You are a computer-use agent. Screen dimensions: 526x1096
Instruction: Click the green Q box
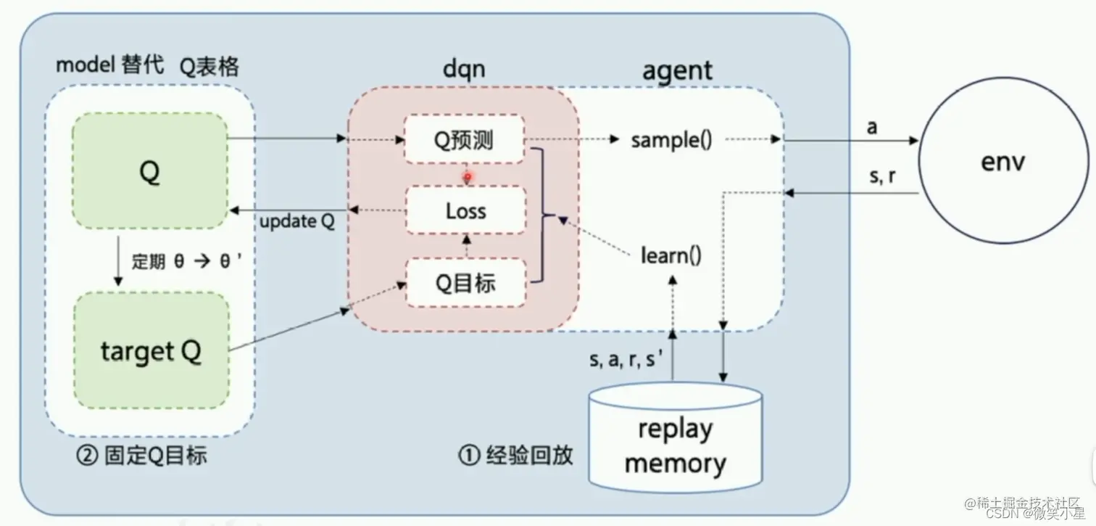point(150,171)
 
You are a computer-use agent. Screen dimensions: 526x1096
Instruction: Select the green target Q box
point(151,351)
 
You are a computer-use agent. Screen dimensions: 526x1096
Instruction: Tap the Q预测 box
point(463,139)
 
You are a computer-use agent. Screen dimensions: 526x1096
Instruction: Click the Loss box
point(465,211)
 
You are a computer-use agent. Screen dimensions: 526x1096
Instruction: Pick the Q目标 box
point(465,282)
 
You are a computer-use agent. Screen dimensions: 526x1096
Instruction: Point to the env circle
point(1002,160)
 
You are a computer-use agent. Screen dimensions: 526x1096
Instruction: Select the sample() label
point(671,140)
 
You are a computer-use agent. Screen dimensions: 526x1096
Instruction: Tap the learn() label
point(671,255)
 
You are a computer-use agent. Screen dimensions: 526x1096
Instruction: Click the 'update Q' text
point(297,221)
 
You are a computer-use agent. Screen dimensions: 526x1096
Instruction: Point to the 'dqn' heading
point(464,69)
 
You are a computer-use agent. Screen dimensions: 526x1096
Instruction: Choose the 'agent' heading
point(677,70)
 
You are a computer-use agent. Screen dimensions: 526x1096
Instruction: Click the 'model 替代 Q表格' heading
point(147,66)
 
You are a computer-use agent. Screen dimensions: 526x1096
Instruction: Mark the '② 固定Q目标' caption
point(141,456)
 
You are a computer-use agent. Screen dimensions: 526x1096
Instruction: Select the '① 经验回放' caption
point(515,455)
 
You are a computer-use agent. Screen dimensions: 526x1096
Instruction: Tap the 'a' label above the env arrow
point(872,127)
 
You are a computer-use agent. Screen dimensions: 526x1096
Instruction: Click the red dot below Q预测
point(468,176)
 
